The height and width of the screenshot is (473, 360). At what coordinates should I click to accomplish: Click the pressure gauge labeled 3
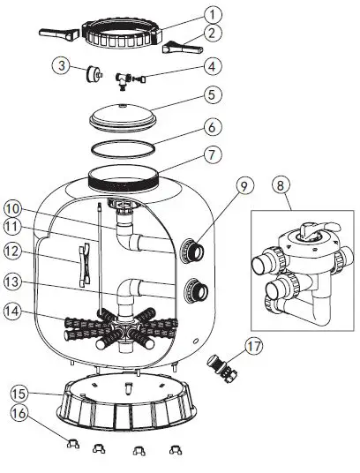(x=92, y=72)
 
